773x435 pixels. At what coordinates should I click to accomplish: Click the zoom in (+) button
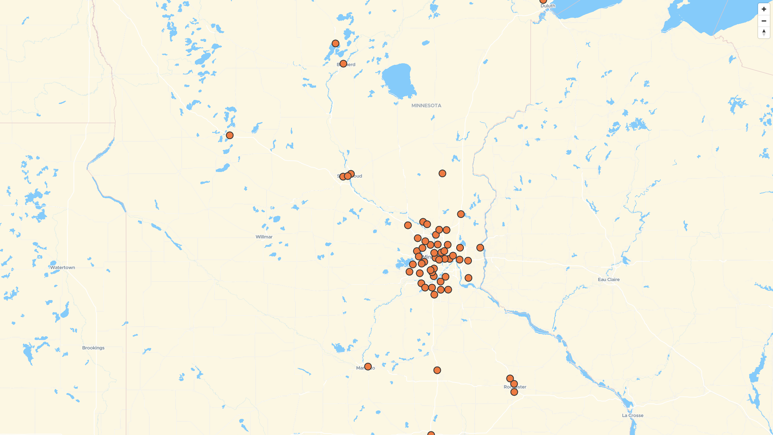(x=764, y=9)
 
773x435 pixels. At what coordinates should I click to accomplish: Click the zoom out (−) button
(x=764, y=21)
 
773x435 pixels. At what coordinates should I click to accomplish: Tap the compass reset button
(x=764, y=33)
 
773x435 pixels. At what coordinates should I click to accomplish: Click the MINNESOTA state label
(x=426, y=106)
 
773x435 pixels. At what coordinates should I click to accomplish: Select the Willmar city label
(x=264, y=237)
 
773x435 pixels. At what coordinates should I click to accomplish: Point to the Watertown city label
(x=62, y=267)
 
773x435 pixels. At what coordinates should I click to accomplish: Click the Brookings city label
(x=93, y=348)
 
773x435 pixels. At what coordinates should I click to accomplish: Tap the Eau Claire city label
(x=608, y=280)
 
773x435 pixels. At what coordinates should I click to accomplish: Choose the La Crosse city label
(x=632, y=416)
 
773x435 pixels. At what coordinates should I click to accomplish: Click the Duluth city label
(x=548, y=6)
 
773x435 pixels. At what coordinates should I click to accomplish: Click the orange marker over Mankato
(x=368, y=367)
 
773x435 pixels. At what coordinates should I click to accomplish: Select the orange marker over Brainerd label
(x=343, y=64)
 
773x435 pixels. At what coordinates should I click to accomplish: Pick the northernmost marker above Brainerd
(x=335, y=43)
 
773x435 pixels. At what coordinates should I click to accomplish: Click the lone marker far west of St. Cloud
(x=229, y=135)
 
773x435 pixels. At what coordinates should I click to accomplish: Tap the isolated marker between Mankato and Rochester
(x=437, y=370)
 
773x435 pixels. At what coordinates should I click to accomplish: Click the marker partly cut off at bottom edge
(x=431, y=433)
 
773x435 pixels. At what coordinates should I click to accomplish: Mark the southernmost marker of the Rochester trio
(x=514, y=392)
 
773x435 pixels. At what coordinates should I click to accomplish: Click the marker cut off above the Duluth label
(x=543, y=1)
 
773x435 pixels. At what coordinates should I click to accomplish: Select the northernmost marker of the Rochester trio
(x=510, y=379)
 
